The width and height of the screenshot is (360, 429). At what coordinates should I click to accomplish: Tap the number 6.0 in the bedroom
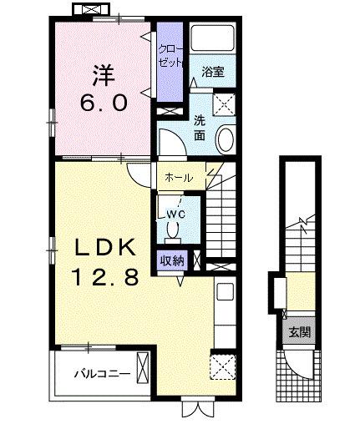click(x=103, y=102)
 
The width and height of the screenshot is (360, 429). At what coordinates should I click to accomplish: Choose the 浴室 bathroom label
click(x=213, y=73)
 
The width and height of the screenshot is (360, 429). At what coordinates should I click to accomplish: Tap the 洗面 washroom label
click(x=201, y=126)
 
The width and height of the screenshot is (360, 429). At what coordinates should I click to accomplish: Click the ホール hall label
click(x=179, y=178)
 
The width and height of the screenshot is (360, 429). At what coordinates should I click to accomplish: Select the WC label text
click(x=176, y=214)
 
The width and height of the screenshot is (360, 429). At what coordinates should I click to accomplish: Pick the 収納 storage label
click(x=173, y=259)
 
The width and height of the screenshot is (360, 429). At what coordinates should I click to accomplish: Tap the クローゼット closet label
click(x=170, y=55)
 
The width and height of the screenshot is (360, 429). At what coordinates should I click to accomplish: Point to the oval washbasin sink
click(x=226, y=137)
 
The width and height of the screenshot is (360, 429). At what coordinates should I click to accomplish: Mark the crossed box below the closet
click(x=170, y=109)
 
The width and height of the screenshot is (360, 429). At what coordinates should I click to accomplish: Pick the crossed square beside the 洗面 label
click(x=225, y=104)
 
